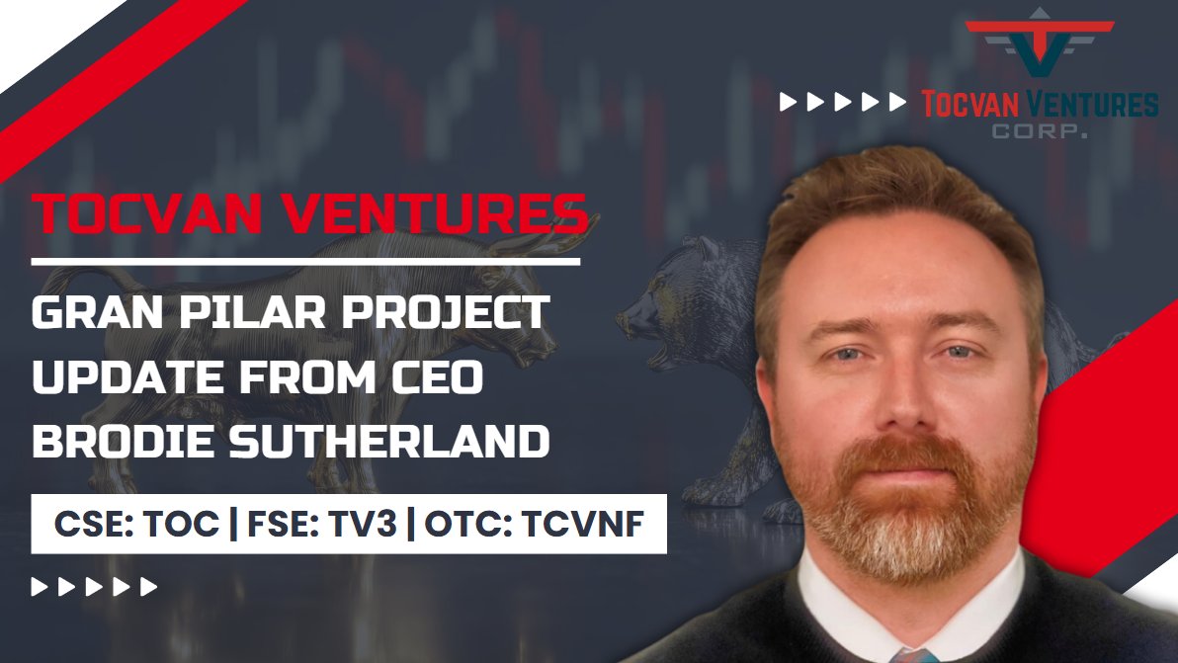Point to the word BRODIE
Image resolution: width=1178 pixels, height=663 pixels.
point(109,442)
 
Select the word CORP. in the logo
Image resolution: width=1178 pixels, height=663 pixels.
point(1041,130)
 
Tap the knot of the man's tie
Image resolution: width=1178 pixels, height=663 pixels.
point(913,656)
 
